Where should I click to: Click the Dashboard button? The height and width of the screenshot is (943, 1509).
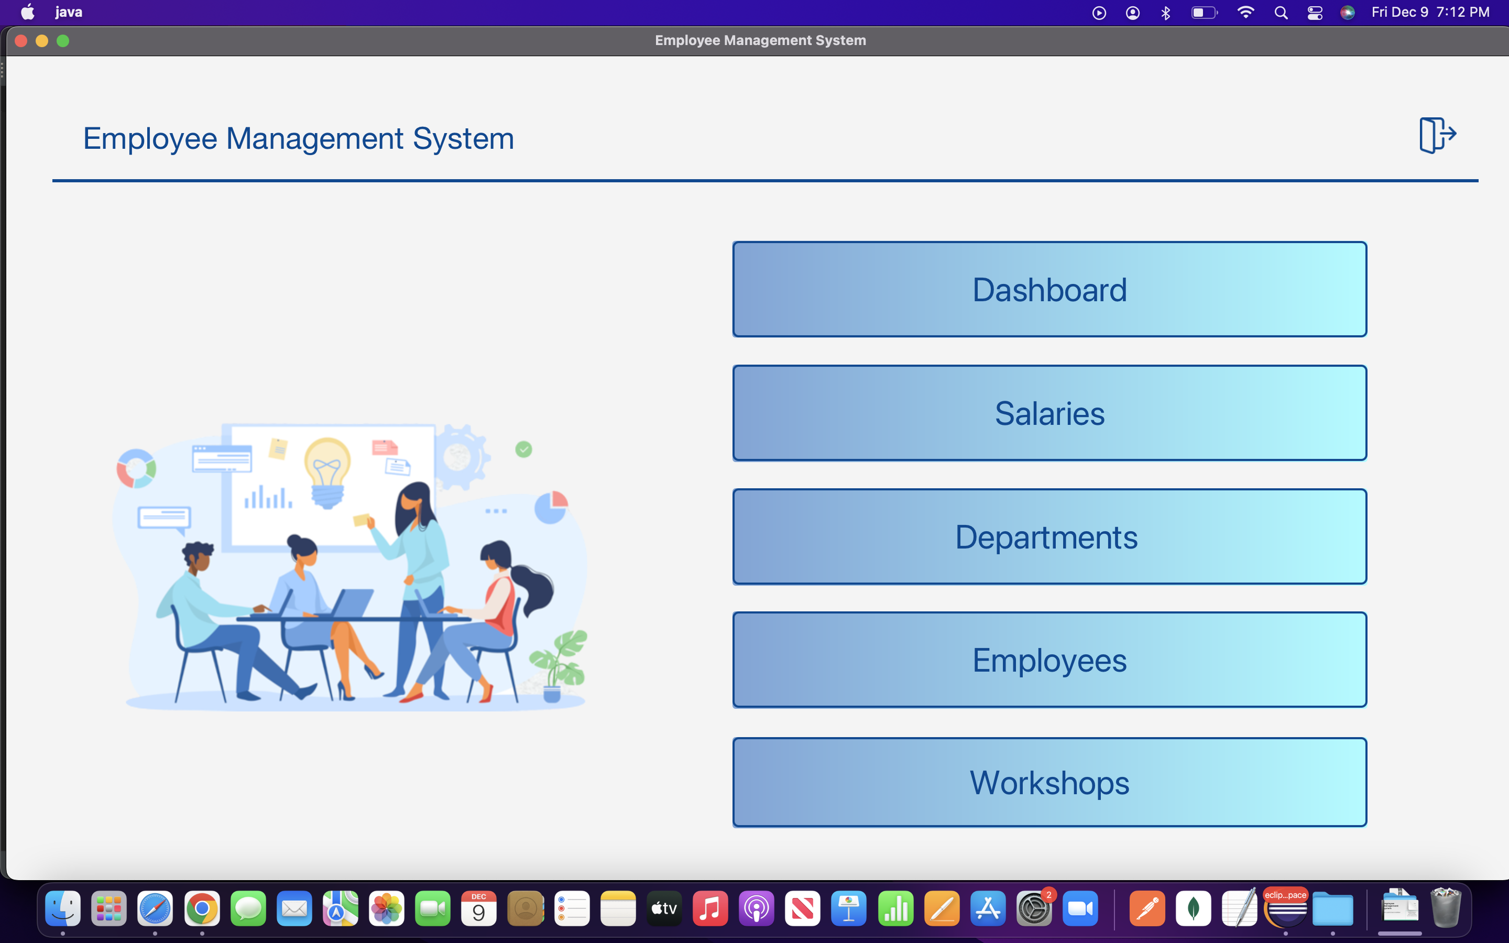pos(1049,289)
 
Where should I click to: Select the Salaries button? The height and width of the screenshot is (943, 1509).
pos(1049,413)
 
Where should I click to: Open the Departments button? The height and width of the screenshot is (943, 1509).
pos(1049,536)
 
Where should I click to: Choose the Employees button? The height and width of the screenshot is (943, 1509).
pos(1049,660)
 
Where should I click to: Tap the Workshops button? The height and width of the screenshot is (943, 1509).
pos(1049,782)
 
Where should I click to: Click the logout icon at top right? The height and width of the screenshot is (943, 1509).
pos(1437,135)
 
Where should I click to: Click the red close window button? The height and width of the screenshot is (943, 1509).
pos(21,41)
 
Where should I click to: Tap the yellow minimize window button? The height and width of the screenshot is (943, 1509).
pos(42,41)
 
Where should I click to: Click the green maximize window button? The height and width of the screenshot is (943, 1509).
pos(63,41)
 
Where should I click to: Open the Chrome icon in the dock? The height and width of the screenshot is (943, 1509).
pos(201,909)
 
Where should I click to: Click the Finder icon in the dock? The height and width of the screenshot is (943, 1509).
pos(63,909)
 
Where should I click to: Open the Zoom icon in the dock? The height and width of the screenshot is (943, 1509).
pos(1080,909)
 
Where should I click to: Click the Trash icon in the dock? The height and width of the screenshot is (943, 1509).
pos(1446,909)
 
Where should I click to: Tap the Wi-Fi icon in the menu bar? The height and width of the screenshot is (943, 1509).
pos(1245,13)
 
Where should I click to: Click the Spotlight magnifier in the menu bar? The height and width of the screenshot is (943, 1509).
pos(1281,13)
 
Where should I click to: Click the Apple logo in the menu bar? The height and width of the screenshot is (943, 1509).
pos(27,13)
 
